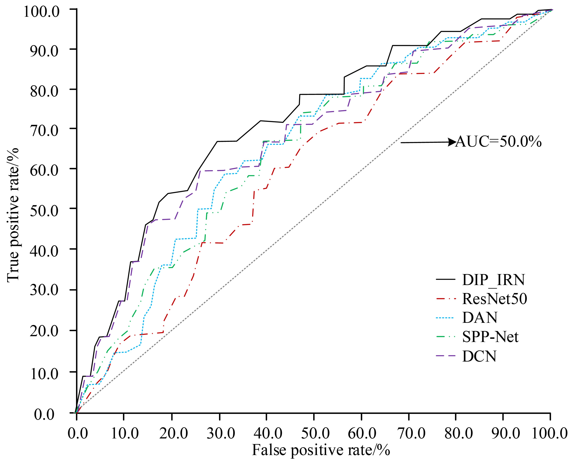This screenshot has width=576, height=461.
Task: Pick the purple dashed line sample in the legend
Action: (x=446, y=356)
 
